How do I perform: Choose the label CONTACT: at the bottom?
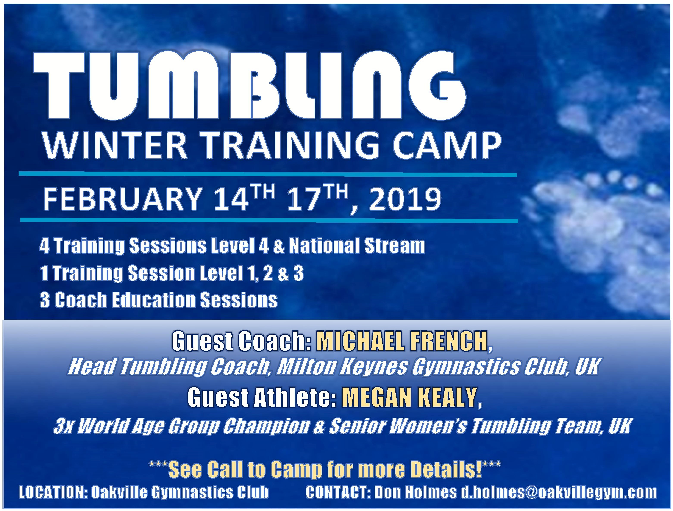(x=337, y=492)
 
